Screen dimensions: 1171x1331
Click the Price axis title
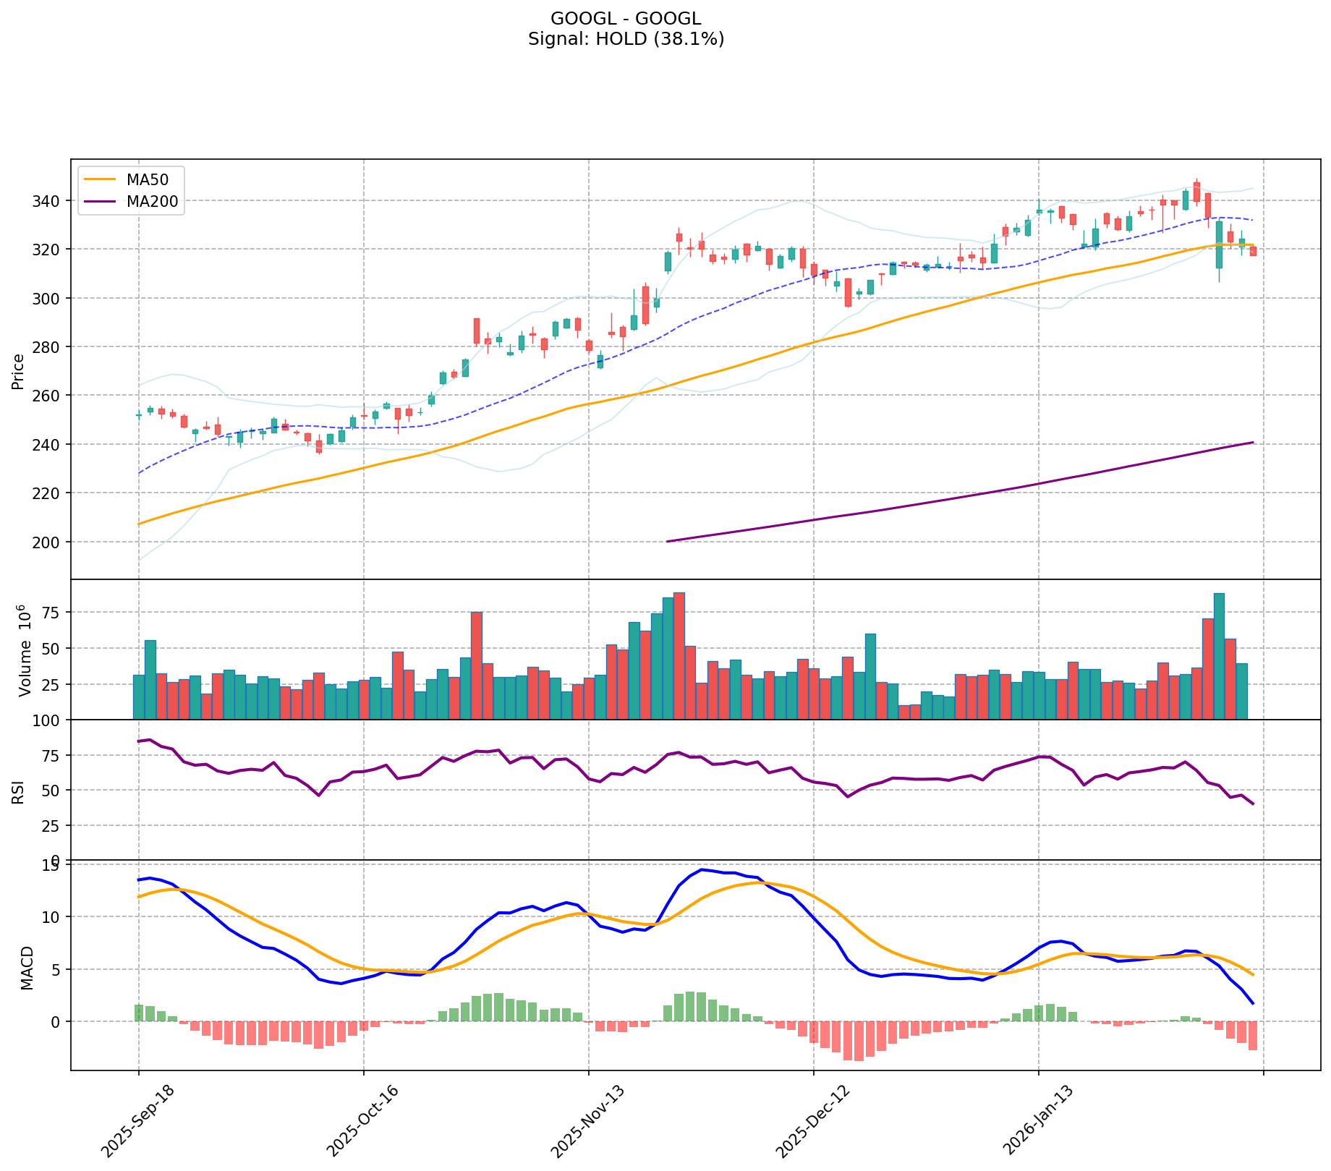tap(18, 371)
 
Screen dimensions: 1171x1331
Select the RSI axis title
tap(18, 791)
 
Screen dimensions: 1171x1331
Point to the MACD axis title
tap(27, 968)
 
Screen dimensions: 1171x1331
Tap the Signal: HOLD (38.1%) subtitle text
tap(626, 39)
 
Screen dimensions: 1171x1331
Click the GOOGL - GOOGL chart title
tap(626, 19)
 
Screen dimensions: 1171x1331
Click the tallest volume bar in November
tap(679, 655)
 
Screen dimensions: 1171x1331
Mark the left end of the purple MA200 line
tap(667, 541)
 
